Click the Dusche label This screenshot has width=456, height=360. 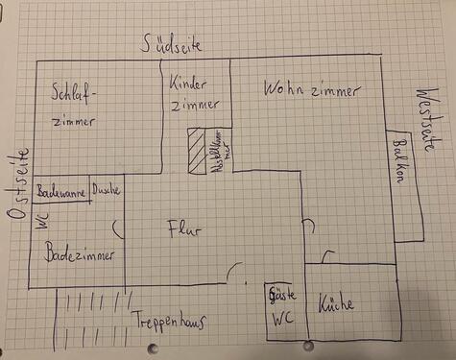106,191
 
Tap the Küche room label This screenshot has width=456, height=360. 337,304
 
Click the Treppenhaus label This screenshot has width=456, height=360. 169,321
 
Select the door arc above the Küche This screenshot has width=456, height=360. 327,256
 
